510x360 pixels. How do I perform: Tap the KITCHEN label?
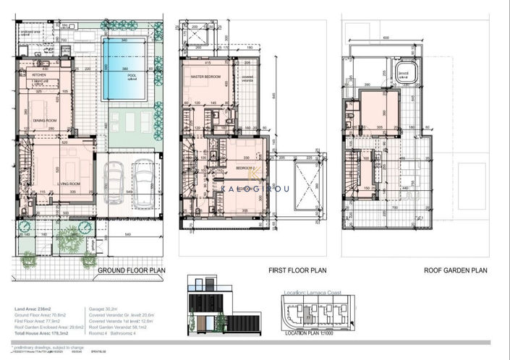coord(39,74)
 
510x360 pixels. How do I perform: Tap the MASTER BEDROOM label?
coord(205,76)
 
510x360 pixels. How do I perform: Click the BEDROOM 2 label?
coord(244,167)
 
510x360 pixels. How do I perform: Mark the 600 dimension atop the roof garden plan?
coord(386,38)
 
